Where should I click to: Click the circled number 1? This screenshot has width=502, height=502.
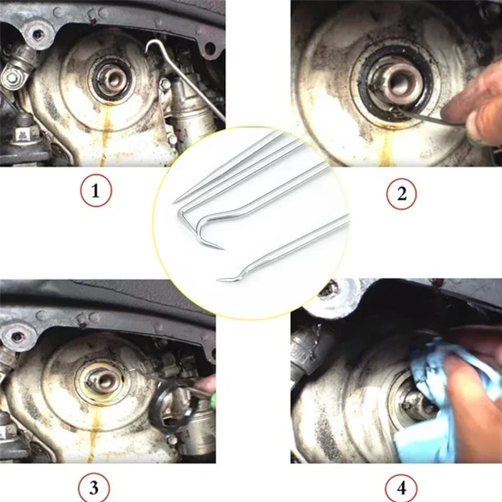96,191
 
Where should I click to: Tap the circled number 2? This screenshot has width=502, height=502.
402,193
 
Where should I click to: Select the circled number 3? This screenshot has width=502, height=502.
93,488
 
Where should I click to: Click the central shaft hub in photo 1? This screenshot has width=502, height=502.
114,81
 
